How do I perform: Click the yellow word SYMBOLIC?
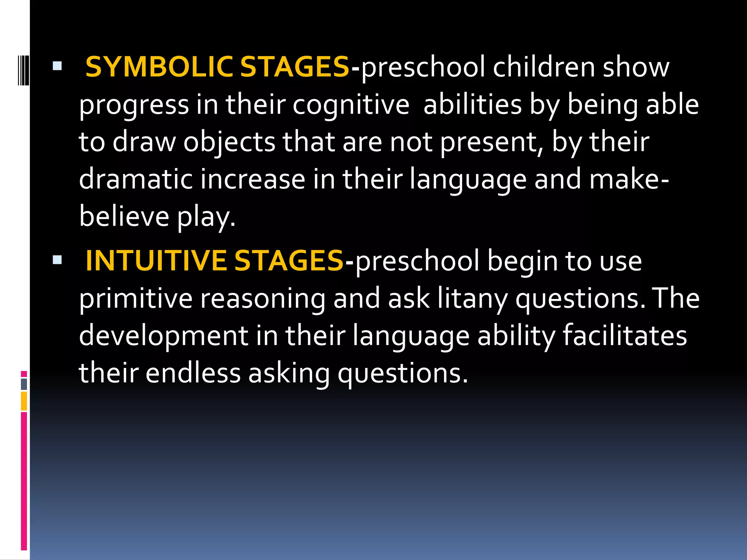tap(159, 67)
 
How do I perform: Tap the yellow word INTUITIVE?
tap(156, 261)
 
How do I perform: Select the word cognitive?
tap(351, 105)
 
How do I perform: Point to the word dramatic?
tap(136, 179)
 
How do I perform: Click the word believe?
tap(124, 217)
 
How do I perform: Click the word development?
tap(163, 336)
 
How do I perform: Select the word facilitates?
tap(625, 335)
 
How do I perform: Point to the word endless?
tap(193, 373)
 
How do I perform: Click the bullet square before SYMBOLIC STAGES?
tap(57, 66)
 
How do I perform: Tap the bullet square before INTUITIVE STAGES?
tap(57, 260)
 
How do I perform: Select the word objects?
tap(229, 142)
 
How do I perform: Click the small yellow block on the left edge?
tap(24, 401)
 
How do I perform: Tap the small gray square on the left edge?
tap(24, 384)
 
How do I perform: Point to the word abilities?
tap(472, 105)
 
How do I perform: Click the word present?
tap(488, 142)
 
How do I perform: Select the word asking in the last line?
tap(289, 374)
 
